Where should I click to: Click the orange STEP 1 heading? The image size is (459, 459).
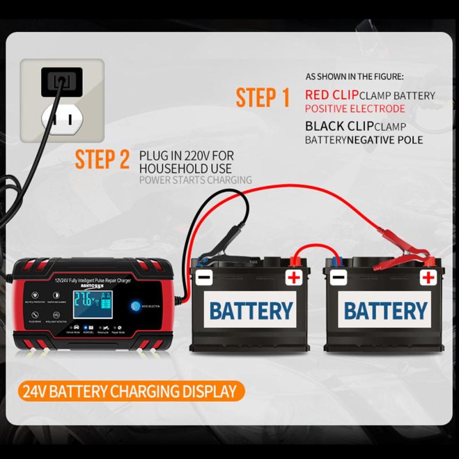tap(263, 98)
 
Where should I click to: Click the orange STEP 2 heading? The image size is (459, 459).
tap(102, 161)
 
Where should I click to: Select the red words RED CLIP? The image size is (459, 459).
tap(332, 95)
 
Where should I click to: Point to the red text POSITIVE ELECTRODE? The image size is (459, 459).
tap(355, 108)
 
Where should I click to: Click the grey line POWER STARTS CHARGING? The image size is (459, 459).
tap(195, 180)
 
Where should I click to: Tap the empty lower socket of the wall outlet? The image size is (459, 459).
tap(62, 119)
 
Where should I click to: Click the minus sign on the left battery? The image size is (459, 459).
tap(204, 279)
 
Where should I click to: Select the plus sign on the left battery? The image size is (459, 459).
tap(294, 279)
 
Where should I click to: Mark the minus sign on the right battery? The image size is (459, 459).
tap(338, 279)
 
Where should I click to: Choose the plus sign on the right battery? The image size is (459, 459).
tap(427, 278)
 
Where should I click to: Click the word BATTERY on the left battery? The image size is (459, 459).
tap(251, 310)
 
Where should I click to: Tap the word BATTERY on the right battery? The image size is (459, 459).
tap(386, 310)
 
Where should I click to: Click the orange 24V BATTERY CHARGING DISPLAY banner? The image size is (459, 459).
tap(130, 392)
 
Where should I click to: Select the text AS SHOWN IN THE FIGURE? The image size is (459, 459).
tap(354, 76)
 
